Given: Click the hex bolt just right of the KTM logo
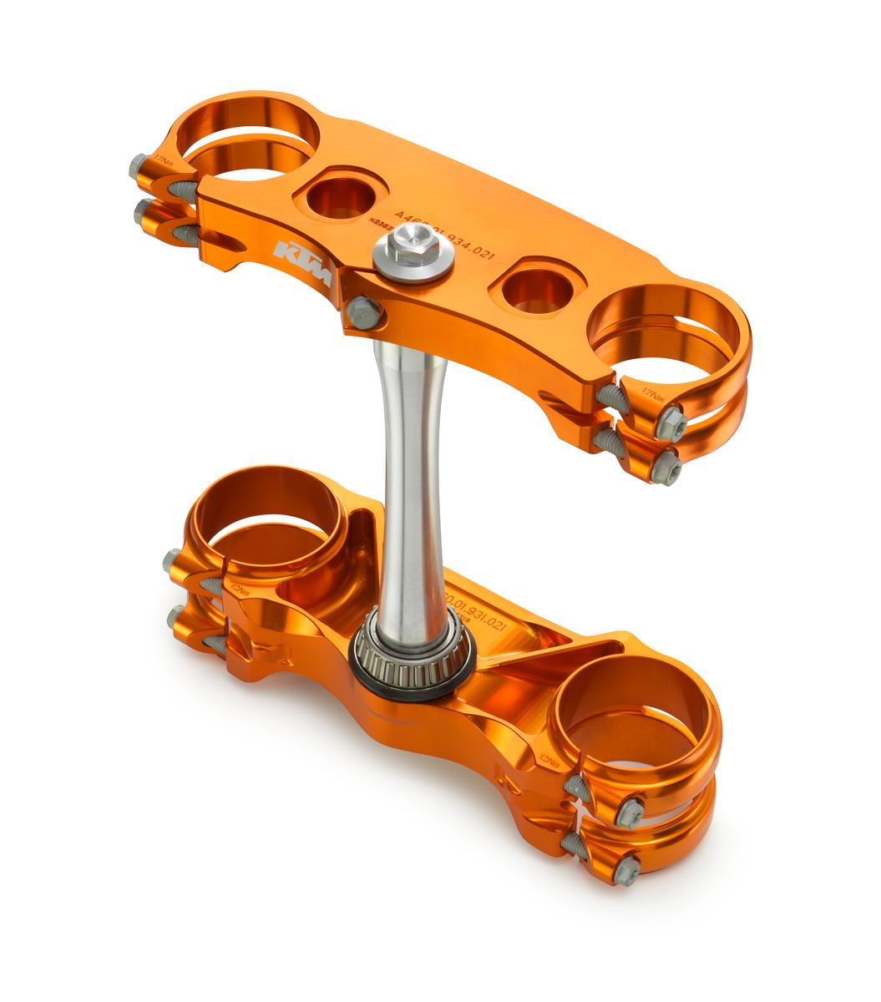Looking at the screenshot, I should pyautogui.click(x=362, y=313).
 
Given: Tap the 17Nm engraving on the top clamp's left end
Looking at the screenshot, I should pyautogui.click(x=161, y=158).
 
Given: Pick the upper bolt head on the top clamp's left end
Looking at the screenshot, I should pyautogui.click(x=139, y=169).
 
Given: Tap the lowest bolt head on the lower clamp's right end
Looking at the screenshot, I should pyautogui.click(x=625, y=870).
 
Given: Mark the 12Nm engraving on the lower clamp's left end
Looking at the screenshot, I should pyautogui.click(x=241, y=590).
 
